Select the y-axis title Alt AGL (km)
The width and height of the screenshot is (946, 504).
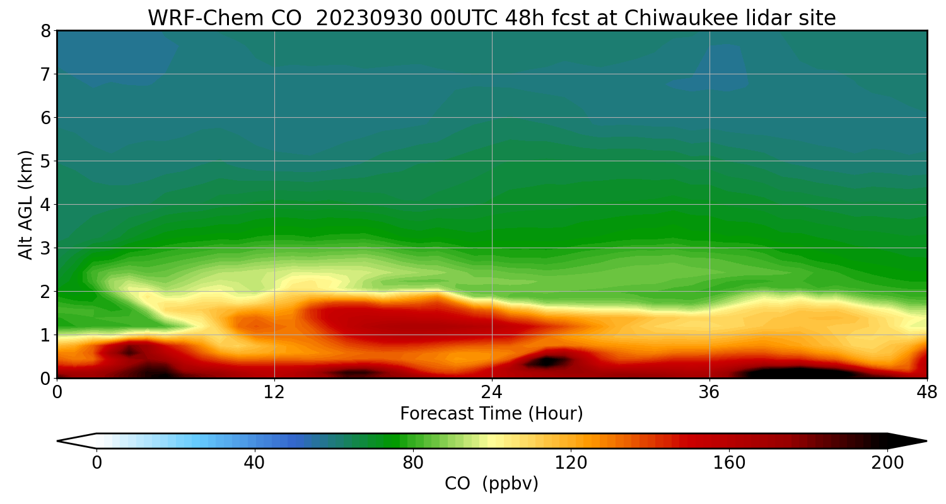26,204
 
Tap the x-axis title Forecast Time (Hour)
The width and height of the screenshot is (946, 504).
491,414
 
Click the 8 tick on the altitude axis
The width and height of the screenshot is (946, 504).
45,31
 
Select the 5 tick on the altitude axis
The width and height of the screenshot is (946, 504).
45,161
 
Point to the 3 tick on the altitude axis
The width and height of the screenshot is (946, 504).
45,248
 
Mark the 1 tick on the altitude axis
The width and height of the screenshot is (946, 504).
45,335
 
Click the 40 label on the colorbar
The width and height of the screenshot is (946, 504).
254,464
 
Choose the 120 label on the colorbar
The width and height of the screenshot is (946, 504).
571,464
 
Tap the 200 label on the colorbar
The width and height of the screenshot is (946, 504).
887,464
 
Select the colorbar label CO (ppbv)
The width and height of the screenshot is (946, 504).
491,484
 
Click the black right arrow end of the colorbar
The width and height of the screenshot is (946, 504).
908,441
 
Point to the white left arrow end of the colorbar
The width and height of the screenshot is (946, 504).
76,441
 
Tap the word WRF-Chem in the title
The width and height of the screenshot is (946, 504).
189,18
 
